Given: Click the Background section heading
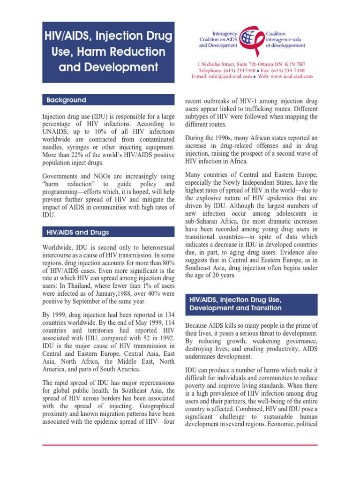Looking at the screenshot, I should click(x=66, y=100).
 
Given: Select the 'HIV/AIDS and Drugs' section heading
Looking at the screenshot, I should click(x=78, y=232).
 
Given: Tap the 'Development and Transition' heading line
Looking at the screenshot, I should click(x=235, y=308).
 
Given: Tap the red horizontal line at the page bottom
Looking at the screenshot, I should click(x=180, y=445).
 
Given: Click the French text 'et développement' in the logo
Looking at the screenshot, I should click(x=286, y=45).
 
